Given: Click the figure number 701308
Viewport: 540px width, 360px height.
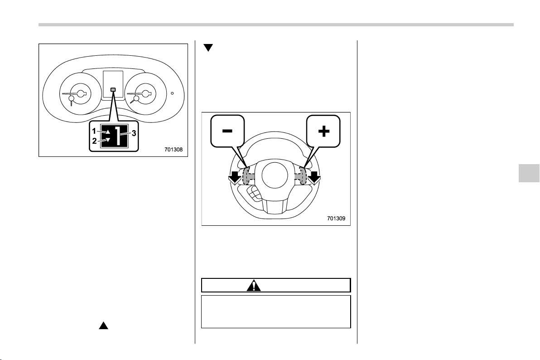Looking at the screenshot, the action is click(173, 150).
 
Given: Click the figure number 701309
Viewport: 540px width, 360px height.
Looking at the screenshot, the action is click(336, 218).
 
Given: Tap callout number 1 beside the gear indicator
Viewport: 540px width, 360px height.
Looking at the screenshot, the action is click(94, 131).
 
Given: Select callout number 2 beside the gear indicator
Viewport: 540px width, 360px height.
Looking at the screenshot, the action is click(94, 141).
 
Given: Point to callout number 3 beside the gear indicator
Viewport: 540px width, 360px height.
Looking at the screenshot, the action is click(134, 133).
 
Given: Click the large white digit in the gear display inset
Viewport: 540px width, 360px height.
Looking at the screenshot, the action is click(118, 136).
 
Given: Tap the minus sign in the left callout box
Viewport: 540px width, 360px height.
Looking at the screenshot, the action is click(227, 131).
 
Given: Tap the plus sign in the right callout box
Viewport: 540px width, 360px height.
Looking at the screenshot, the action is click(324, 131).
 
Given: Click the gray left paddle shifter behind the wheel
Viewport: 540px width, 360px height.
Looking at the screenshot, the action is click(246, 176).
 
